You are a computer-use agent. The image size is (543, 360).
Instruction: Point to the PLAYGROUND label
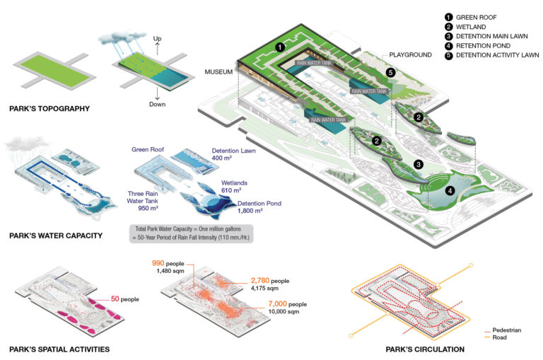coord(409,54)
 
